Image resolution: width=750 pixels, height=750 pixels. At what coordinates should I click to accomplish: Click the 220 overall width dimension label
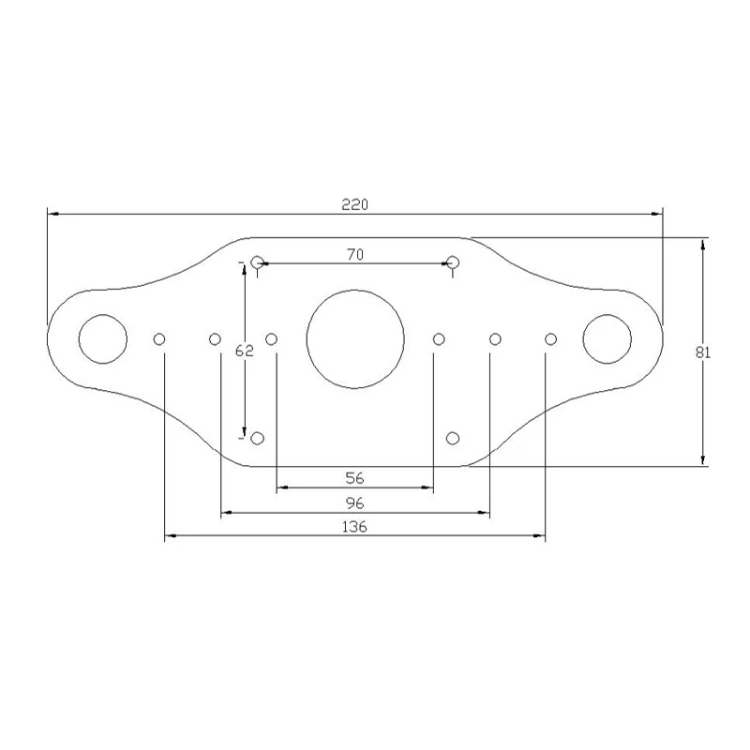355,204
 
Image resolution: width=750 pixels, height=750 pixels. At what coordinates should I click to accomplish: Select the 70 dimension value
355,254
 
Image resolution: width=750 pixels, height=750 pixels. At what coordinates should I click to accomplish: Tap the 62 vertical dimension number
244,351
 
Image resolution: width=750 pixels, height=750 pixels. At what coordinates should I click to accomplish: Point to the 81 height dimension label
702,352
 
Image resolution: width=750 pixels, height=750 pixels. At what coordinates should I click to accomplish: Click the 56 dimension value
354,478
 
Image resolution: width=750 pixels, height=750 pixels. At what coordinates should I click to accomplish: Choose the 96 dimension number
354,503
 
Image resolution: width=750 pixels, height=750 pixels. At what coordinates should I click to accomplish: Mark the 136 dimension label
354,527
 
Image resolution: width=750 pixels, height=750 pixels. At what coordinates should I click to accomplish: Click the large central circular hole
355,290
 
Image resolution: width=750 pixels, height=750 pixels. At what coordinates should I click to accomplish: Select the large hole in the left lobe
103,315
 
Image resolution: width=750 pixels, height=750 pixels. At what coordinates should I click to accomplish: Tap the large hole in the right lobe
607,315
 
